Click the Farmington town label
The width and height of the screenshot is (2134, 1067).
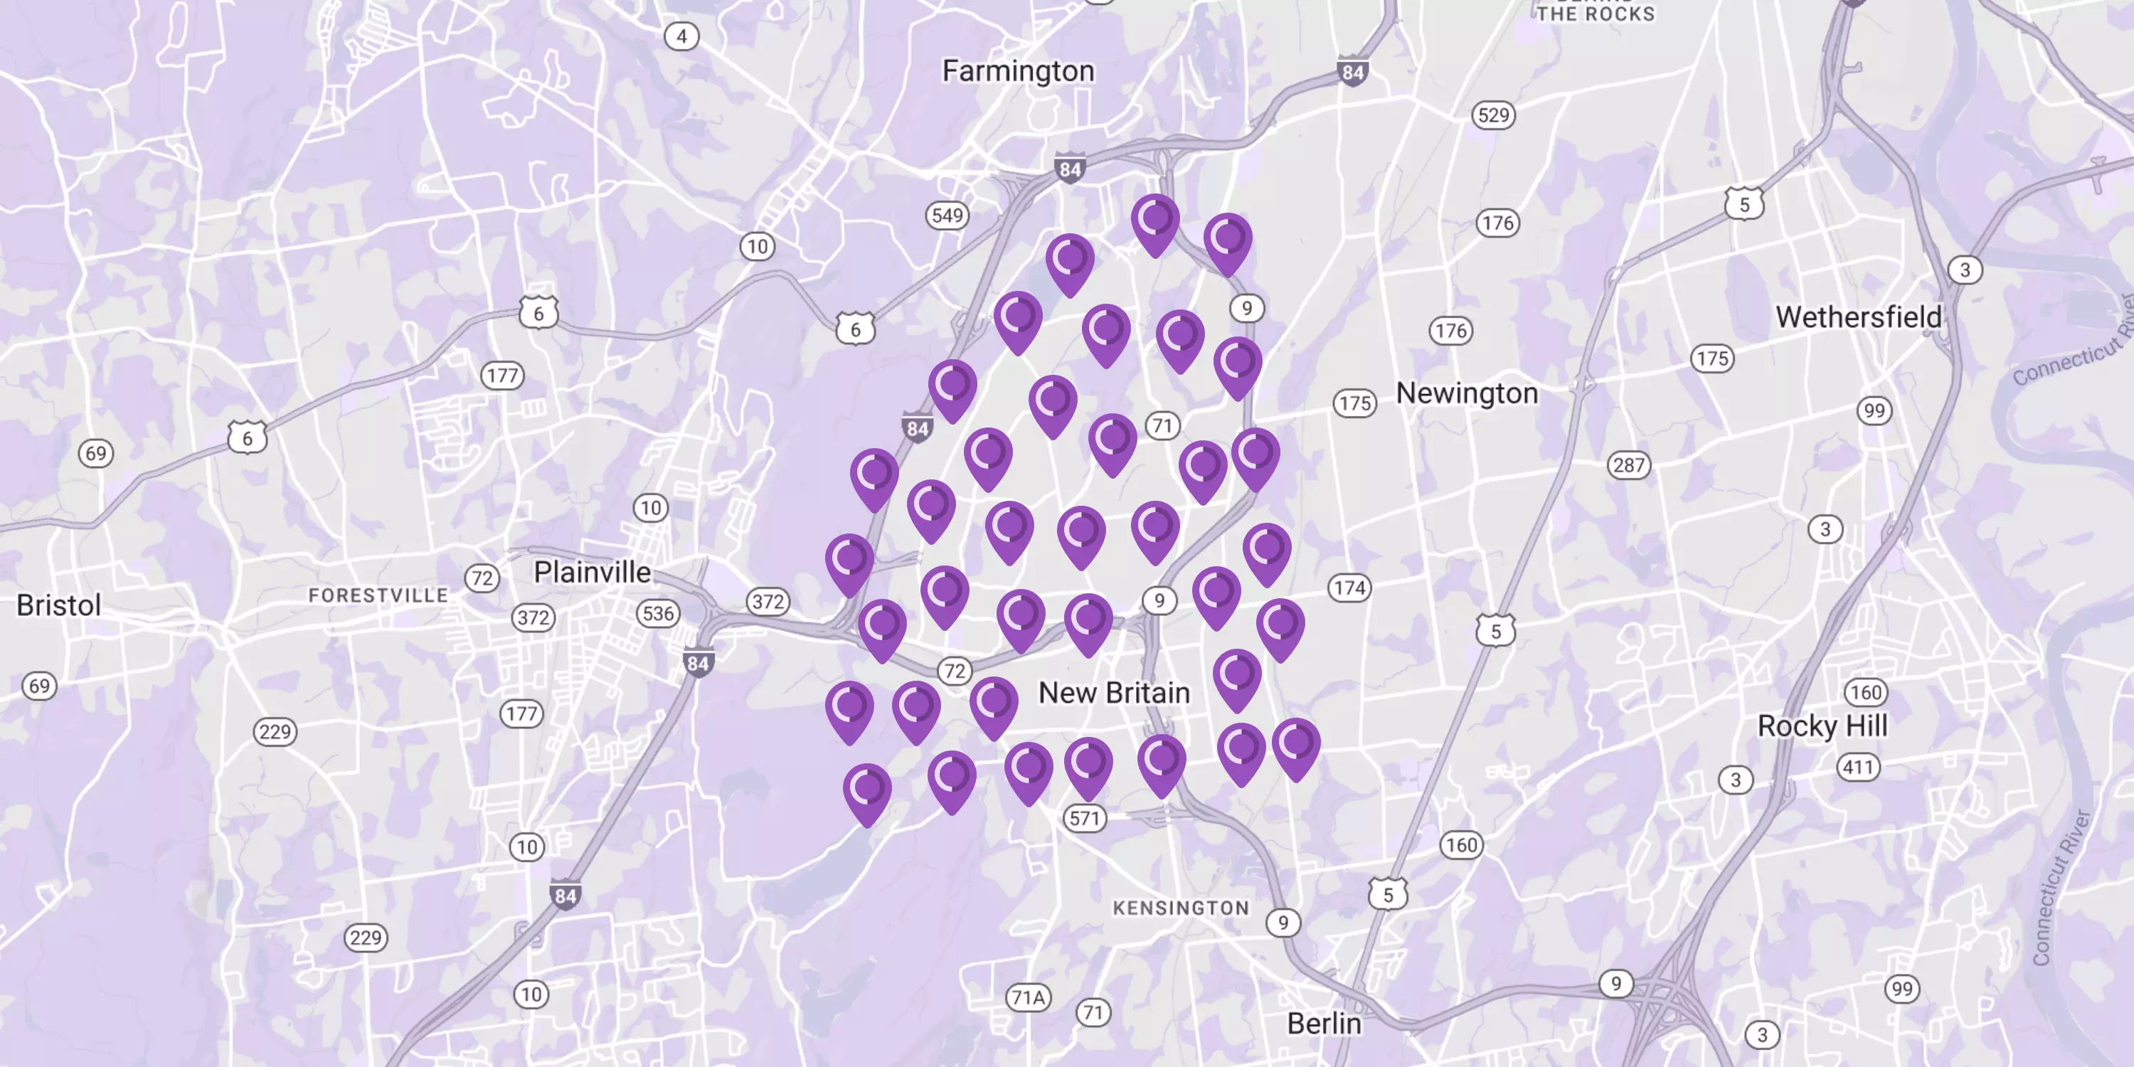point(1018,71)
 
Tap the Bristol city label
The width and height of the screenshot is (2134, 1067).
point(59,605)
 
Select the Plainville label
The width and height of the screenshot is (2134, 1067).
point(592,572)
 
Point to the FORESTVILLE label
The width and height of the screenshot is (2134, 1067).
point(378,595)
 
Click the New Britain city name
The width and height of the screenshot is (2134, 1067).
point(1114,693)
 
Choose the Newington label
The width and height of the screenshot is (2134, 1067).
point(1466,393)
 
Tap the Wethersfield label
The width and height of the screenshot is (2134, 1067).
point(1858,317)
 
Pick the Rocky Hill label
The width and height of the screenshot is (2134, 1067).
point(1822,726)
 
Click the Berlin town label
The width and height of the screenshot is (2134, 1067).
point(1324,1023)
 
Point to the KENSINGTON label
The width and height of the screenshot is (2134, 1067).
point(1181,908)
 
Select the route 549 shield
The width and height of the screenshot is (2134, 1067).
point(947,216)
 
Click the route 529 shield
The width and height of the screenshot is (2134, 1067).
point(1494,115)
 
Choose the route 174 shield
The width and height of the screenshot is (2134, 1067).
point(1349,588)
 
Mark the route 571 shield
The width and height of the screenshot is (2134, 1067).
point(1084,819)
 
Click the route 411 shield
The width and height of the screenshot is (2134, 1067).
point(1858,767)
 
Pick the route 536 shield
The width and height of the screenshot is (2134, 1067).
point(658,614)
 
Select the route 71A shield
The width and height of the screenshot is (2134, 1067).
point(1028,997)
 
